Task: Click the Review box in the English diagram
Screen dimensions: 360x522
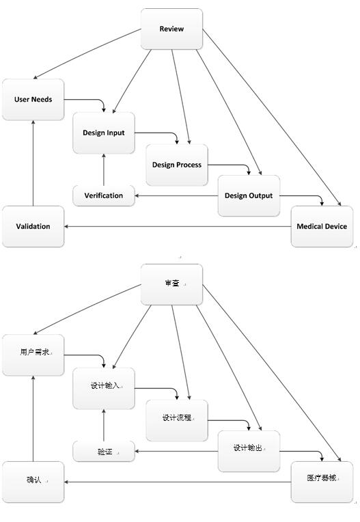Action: pyautogui.click(x=171, y=29)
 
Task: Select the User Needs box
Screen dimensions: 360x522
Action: pyautogui.click(x=33, y=100)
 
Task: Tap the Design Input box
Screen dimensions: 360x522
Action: pyautogui.click(x=104, y=133)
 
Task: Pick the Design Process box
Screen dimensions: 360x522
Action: pyautogui.click(x=177, y=165)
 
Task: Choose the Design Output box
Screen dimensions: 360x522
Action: pyautogui.click(x=249, y=195)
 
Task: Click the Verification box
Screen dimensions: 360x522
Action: pyautogui.click(x=104, y=195)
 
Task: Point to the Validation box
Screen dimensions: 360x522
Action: pyautogui.click(x=33, y=226)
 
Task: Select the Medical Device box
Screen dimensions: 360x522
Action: pyautogui.click(x=322, y=226)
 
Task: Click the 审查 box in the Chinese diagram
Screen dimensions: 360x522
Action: pyautogui.click(x=171, y=285)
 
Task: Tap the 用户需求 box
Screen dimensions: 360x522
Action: pyautogui.click(x=33, y=355)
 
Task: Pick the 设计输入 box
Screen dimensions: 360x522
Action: pyautogui.click(x=104, y=389)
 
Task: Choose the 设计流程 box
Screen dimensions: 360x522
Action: pyautogui.click(x=177, y=420)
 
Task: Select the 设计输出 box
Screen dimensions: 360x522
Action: pyautogui.click(x=249, y=452)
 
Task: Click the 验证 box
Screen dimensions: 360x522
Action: pyautogui.click(x=104, y=452)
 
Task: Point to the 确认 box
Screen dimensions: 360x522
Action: pyautogui.click(x=33, y=482)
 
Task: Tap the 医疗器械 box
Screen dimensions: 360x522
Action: pyautogui.click(x=322, y=482)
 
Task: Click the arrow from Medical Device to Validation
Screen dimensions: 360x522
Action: pyautogui.click(x=178, y=226)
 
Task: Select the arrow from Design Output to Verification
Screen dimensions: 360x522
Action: pyautogui.click(x=176, y=195)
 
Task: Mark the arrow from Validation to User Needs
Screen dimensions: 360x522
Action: pyautogui.click(x=33, y=163)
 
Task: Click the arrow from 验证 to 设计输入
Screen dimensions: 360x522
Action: pyautogui.click(x=104, y=425)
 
